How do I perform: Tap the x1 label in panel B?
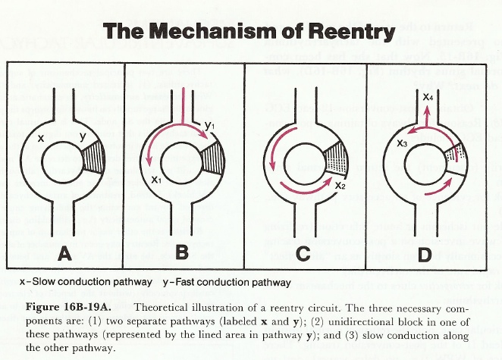pyautogui.click(x=156, y=179)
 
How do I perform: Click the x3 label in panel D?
pyautogui.click(x=403, y=142)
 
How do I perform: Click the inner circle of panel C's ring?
pyautogui.click(x=302, y=162)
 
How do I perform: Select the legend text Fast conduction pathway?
pyautogui.click(x=231, y=283)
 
